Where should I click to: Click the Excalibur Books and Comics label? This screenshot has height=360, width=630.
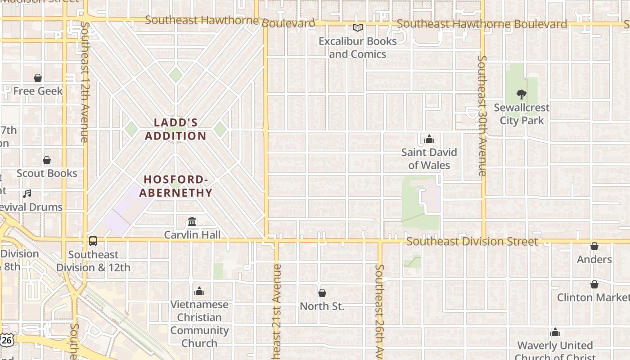(x=358, y=48)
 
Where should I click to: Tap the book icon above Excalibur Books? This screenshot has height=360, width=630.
(x=358, y=28)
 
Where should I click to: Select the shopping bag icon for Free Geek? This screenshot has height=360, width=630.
(x=38, y=78)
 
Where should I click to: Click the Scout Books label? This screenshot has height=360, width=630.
(x=47, y=173)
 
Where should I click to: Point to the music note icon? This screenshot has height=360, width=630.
(x=27, y=194)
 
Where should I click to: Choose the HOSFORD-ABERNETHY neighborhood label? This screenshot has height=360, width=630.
(x=175, y=186)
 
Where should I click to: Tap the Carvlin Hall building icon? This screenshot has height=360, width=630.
(x=192, y=221)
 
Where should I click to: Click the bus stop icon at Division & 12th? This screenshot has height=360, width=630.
(x=93, y=241)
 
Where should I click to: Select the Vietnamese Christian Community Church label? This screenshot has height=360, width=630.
(x=199, y=324)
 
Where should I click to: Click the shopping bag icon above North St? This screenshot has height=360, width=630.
(x=322, y=293)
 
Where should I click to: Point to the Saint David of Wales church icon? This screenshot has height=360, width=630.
(x=429, y=139)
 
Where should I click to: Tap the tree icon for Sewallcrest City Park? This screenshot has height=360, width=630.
(x=522, y=94)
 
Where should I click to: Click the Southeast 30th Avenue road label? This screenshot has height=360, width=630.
(x=482, y=116)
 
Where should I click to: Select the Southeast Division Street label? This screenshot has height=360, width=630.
(x=472, y=242)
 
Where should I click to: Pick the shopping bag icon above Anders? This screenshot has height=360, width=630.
(x=594, y=246)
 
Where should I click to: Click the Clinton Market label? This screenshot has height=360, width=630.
(x=593, y=297)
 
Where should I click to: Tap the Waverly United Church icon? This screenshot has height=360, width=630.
(x=555, y=332)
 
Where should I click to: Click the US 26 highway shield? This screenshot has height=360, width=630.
(x=7, y=340)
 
